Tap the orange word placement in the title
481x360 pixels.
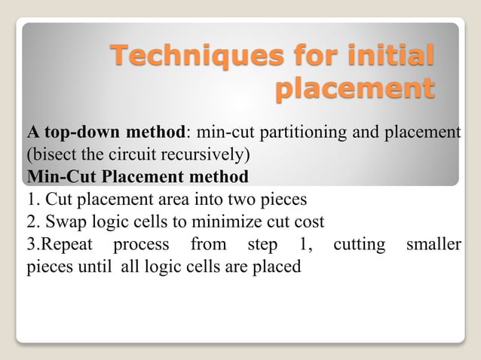[354, 89]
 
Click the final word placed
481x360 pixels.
[282, 267]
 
